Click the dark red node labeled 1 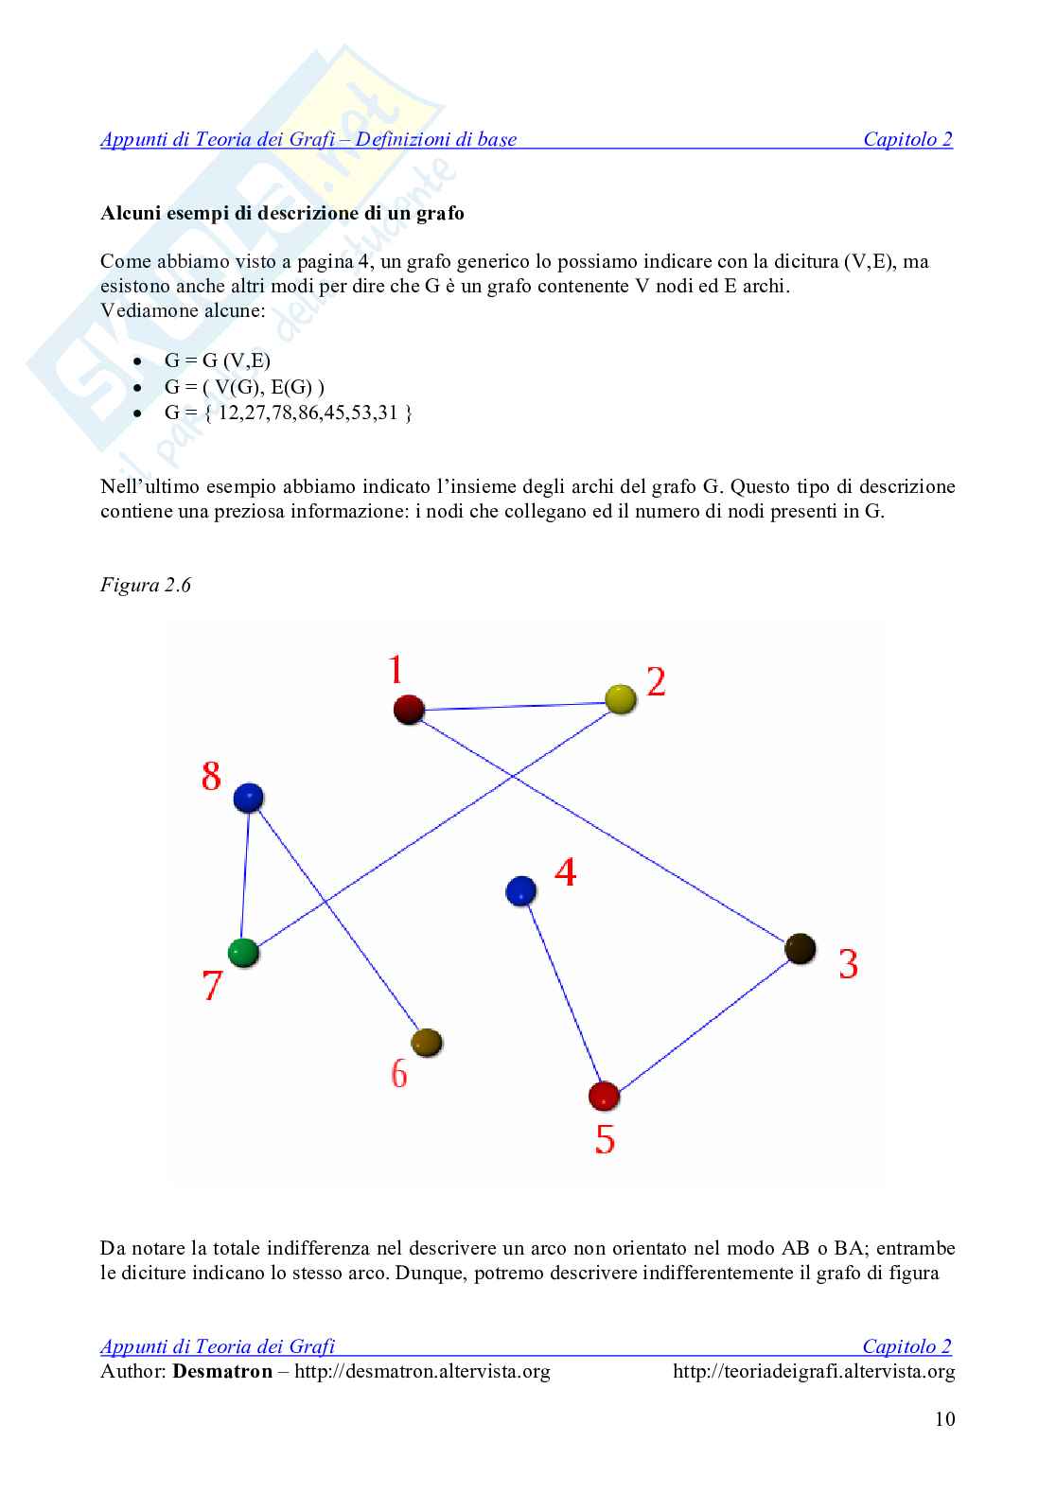pos(408,709)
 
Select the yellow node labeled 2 pos(620,699)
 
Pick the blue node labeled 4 pos(521,890)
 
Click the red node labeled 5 pos(604,1097)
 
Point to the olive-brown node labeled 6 pos(427,1042)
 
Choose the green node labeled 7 pos(244,952)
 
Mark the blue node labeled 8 pos(248,797)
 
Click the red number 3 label pos(848,964)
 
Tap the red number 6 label pos(399,1075)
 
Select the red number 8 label pos(211,777)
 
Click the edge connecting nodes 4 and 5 pos(562,993)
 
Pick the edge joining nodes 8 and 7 pos(246,875)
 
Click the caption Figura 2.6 pos(146,585)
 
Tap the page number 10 pos(944,1419)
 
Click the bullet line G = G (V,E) pos(218,360)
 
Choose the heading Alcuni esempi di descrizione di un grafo pos(282,213)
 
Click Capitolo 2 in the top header pos(907,140)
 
